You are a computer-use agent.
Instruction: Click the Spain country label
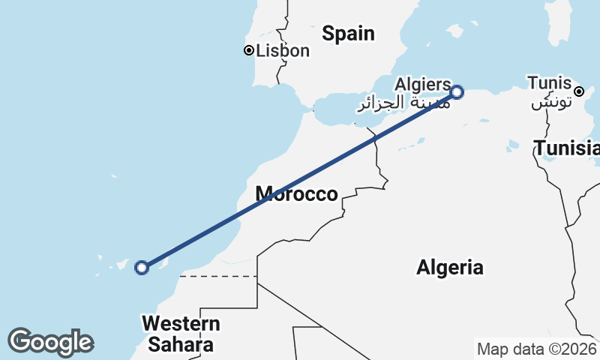tap(348, 33)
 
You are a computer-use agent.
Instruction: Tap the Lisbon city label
tap(283, 51)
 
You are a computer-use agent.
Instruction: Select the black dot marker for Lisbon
tap(248, 50)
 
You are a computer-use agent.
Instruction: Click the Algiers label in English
tap(423, 84)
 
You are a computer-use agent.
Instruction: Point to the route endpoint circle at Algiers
tap(457, 92)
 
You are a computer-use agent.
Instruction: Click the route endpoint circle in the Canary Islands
tap(141, 267)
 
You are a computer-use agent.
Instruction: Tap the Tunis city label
tap(549, 82)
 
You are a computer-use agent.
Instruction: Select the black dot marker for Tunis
tap(579, 91)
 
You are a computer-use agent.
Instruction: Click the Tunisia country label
tap(567, 148)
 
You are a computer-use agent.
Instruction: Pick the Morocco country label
tap(296, 194)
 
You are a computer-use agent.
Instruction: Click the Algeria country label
tap(450, 267)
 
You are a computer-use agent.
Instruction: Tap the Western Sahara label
tap(181, 334)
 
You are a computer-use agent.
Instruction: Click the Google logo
tap(50, 342)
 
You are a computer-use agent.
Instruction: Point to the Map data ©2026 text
tap(536, 349)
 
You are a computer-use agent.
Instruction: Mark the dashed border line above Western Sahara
tap(217, 276)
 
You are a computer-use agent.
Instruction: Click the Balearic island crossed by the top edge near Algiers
tap(454, 30)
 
